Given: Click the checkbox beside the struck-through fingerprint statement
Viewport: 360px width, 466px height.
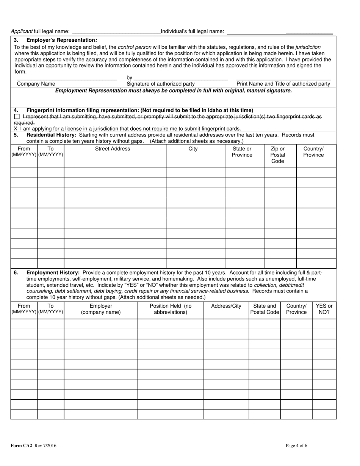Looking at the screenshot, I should pos(16,117).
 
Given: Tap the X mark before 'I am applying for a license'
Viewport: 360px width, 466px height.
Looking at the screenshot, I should pos(16,128).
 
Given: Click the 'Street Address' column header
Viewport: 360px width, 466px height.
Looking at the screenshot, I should pos(113,149).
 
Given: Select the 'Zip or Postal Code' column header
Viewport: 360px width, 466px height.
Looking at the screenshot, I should pos(277,155).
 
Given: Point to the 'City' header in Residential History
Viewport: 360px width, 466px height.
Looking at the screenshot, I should pos(193,149).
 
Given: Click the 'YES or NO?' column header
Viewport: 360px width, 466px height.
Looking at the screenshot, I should pos(324,309).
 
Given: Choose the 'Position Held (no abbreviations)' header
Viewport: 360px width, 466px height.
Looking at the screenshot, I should pos(171,309).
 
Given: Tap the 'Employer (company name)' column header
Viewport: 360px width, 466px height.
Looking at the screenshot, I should pos(101,309).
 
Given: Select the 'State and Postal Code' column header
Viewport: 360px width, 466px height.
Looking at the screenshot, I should pos(265,309).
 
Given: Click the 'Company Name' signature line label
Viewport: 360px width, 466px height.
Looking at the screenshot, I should pos(36,84).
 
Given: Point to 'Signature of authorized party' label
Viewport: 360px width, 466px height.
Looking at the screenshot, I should pos(161,84).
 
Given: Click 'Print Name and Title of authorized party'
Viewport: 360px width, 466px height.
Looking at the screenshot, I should pos(283,84).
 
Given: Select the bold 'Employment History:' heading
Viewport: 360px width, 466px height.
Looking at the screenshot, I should pos(53,272).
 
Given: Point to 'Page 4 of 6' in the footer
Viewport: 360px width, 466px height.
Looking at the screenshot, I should pos(296,446).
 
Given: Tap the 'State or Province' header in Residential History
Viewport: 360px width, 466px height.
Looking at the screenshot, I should pos(242,152).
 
